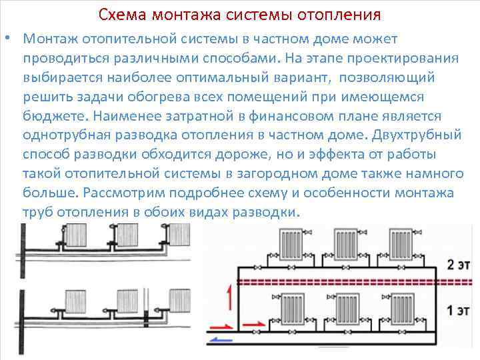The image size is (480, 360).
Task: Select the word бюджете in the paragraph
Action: pos(55,115)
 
